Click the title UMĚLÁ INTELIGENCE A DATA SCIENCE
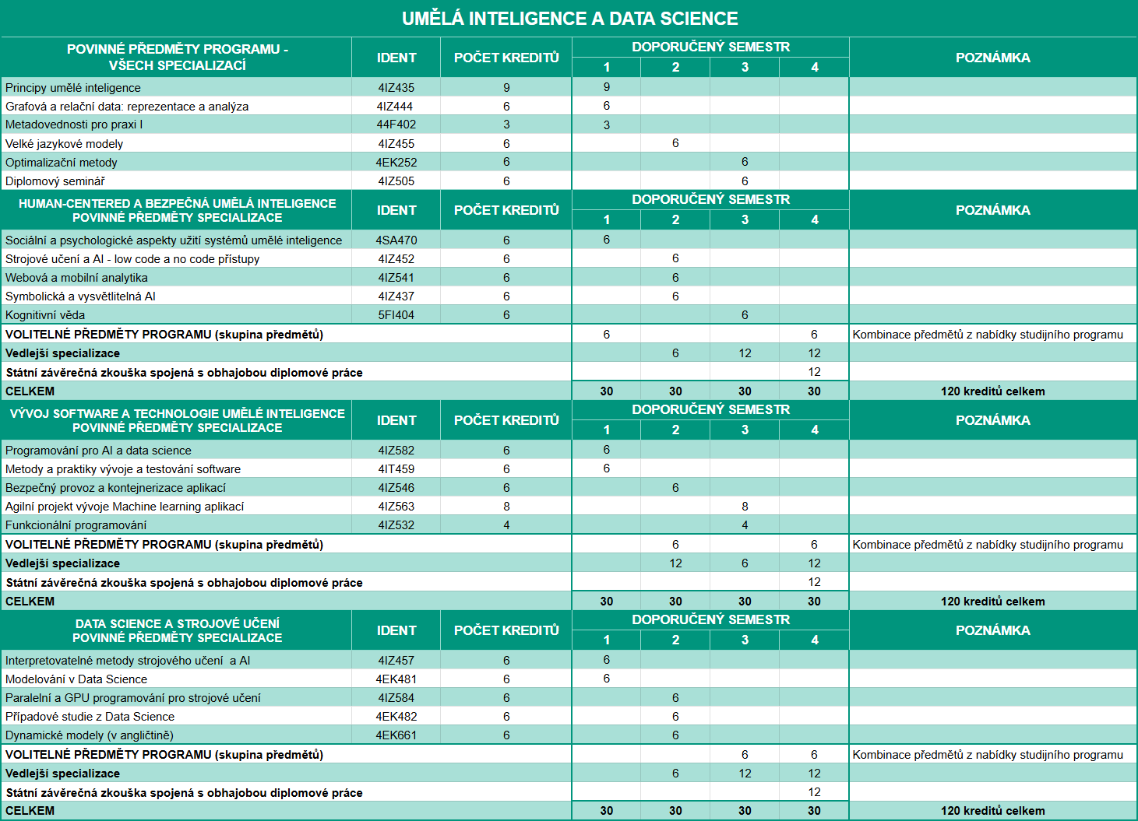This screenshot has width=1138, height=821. point(569,19)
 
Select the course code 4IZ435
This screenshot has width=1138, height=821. point(396,88)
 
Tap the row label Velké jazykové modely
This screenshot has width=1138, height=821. point(64,144)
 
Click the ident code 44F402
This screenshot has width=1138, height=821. point(396,125)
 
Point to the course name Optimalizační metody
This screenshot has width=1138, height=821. point(62,163)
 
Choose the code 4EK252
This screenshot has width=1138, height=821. point(396,163)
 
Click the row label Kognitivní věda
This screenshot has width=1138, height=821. point(45,315)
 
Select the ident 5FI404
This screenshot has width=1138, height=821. point(396,315)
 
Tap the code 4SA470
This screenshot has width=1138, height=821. point(396,240)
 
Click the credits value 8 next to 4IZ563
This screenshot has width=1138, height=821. point(506,507)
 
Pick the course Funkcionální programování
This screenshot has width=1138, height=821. point(76,525)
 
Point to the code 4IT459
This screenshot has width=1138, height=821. point(396,469)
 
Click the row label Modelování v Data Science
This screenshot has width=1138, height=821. point(76,679)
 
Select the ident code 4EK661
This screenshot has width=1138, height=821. point(396,735)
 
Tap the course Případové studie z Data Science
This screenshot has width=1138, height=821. point(90,717)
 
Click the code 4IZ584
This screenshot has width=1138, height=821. point(396,698)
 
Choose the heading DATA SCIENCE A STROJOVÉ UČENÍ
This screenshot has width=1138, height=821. point(178,623)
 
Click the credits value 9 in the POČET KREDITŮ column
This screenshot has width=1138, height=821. point(506,88)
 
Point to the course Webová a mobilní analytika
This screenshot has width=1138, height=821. point(76,278)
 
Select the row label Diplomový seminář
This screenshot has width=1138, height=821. point(55,181)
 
